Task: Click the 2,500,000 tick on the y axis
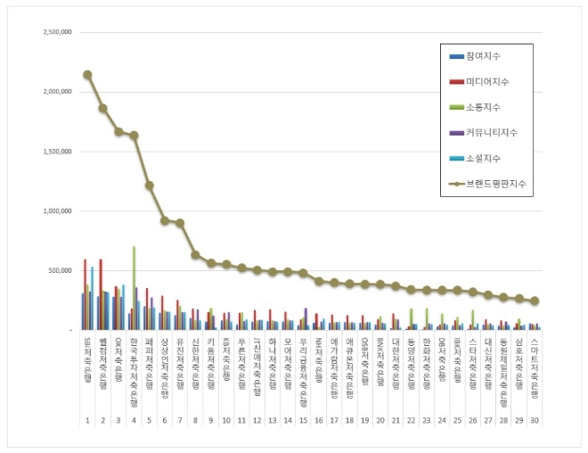(x=56, y=32)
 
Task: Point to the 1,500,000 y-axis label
(x=56, y=152)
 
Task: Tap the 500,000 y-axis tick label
(x=61, y=270)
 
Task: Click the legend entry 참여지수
(x=482, y=57)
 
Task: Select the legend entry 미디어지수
(x=486, y=83)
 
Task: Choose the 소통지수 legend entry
(x=482, y=108)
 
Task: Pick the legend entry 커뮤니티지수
(x=489, y=133)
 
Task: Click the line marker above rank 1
(x=87, y=75)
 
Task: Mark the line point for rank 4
(x=134, y=136)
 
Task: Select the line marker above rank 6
(x=165, y=220)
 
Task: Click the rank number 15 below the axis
(x=304, y=419)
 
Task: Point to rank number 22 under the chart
(x=412, y=419)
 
